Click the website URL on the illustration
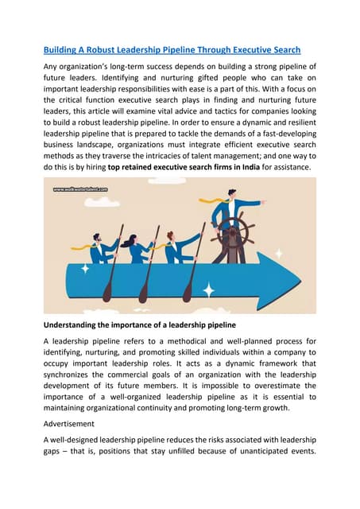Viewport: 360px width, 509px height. tap(80, 190)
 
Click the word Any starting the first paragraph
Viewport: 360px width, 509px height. tap(52, 66)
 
